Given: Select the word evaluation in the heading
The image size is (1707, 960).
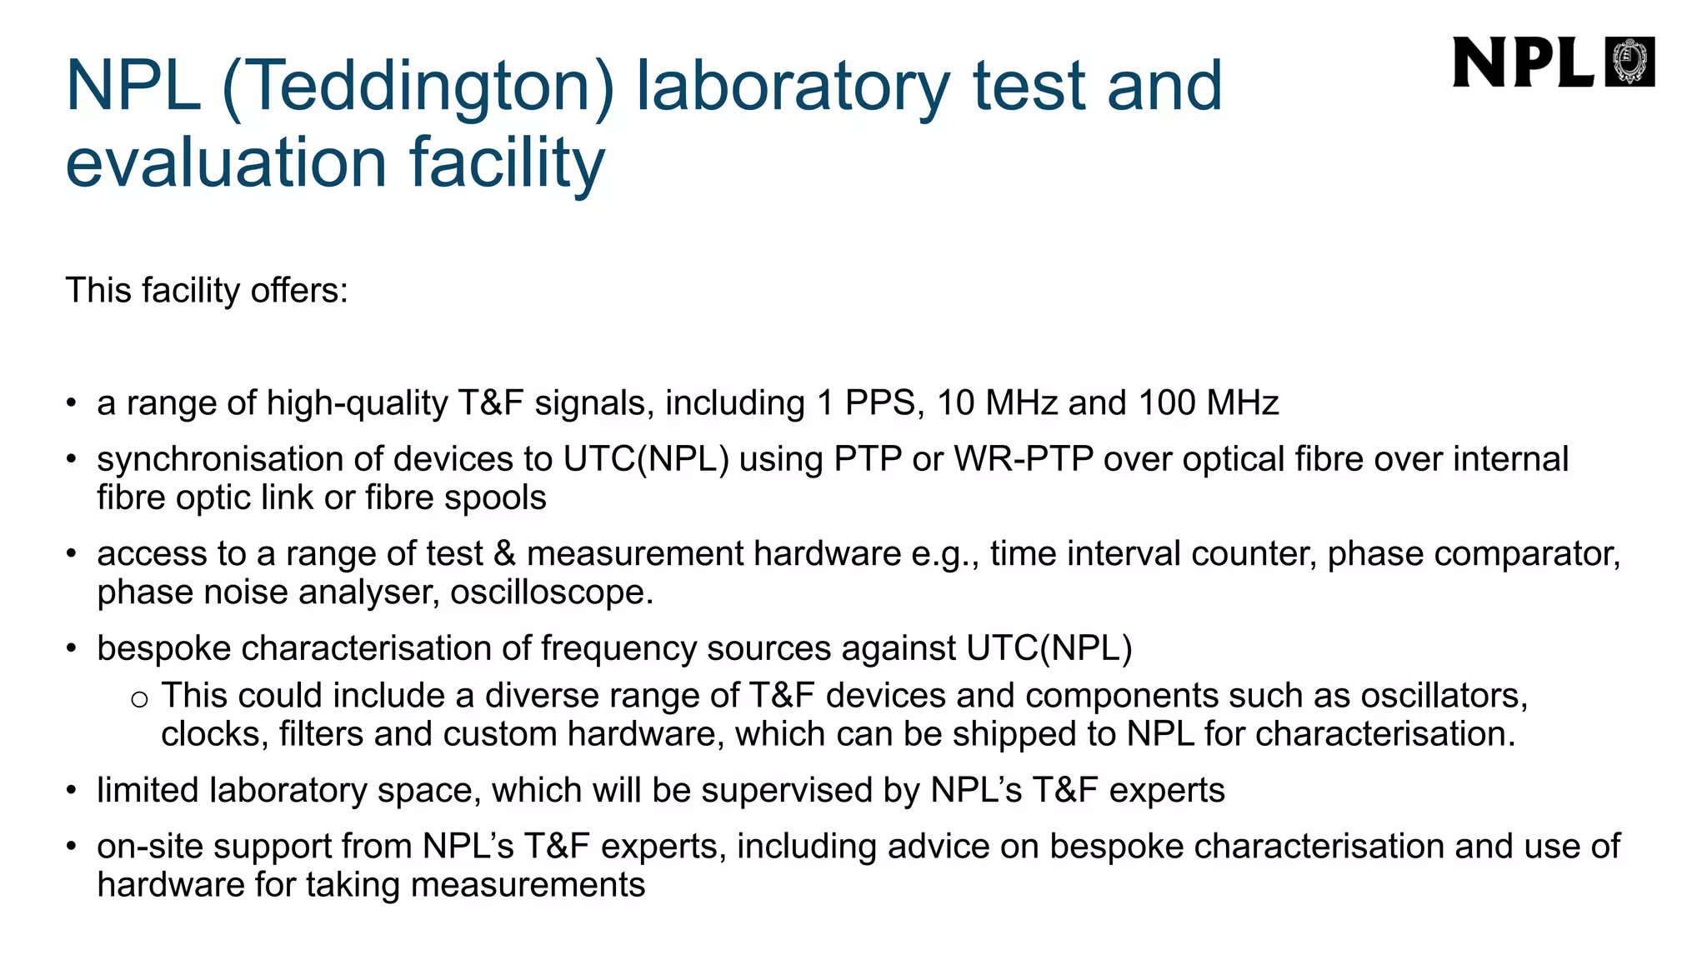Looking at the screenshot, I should pyautogui.click(x=226, y=162).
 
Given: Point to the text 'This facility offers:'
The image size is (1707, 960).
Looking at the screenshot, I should pyautogui.click(x=207, y=291).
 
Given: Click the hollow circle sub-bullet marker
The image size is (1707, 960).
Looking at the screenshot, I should pyautogui.click(x=140, y=698).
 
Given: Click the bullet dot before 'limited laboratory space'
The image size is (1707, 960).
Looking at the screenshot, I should pyautogui.click(x=73, y=791).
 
